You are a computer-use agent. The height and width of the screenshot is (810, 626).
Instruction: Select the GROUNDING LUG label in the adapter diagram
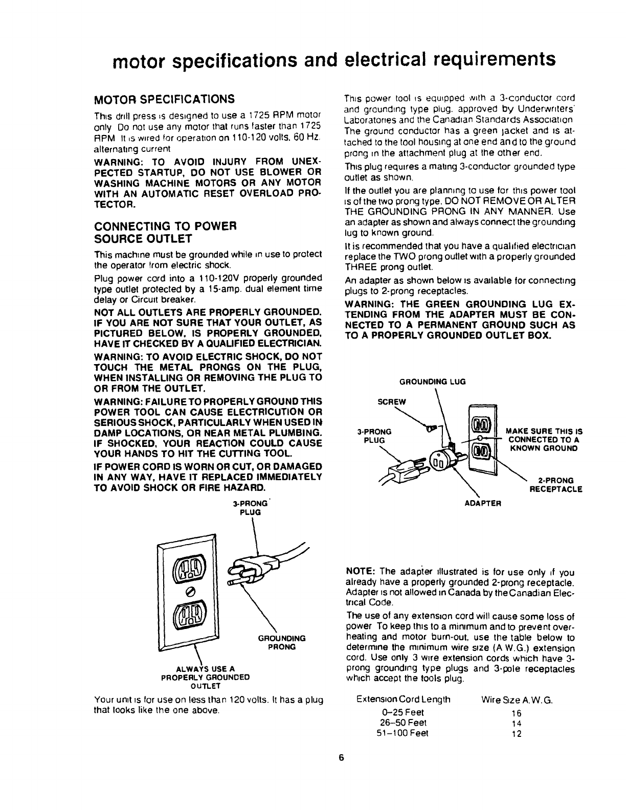tap(433, 381)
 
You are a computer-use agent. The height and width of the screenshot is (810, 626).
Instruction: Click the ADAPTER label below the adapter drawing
tap(483, 503)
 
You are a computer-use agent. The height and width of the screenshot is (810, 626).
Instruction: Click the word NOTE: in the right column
tap(362, 572)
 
